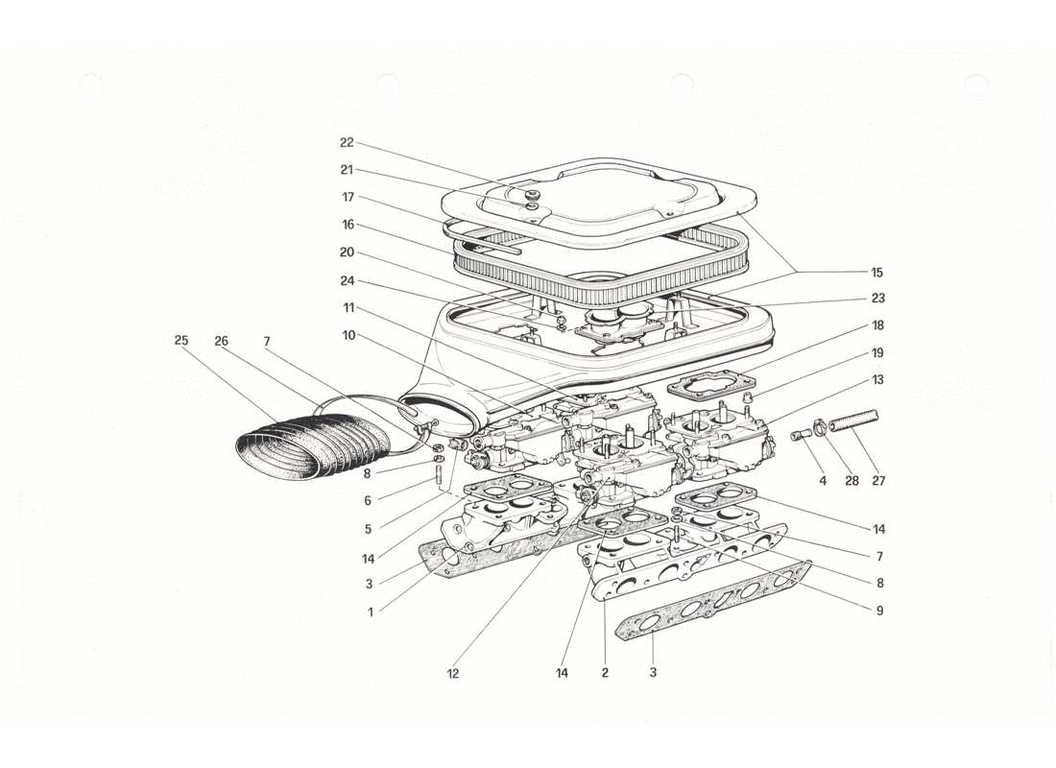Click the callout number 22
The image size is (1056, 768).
(347, 142)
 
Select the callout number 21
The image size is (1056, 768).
(347, 170)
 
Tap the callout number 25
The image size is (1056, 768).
(180, 340)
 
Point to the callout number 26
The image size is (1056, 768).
(223, 340)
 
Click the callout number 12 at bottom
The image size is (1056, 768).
(452, 674)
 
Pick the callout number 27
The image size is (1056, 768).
(879, 481)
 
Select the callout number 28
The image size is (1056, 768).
(852, 481)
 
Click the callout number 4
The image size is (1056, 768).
(823, 481)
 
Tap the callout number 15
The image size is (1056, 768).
(878, 271)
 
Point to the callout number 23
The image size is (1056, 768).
(878, 298)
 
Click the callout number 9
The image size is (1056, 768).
(878, 610)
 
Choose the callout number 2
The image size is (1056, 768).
(605, 674)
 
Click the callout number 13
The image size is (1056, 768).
(878, 379)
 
